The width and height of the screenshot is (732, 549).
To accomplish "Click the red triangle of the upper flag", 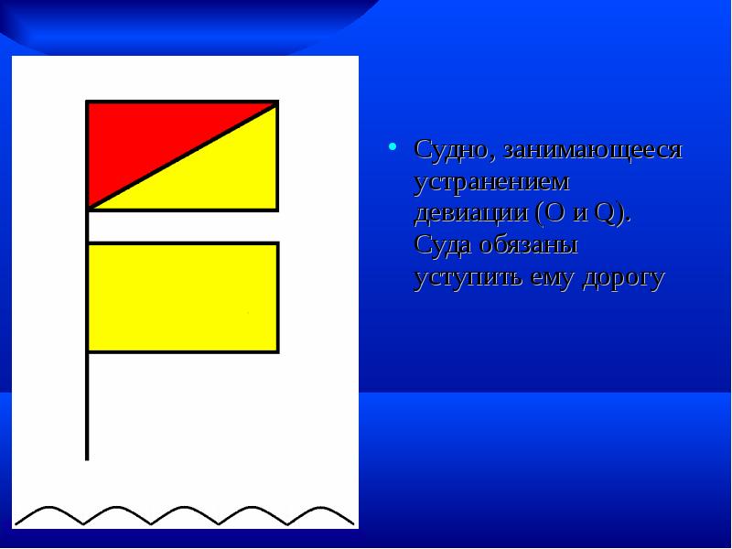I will tap(146, 137).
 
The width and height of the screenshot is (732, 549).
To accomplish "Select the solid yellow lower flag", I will tap(183, 297).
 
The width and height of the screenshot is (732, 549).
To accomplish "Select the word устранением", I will tap(491, 181).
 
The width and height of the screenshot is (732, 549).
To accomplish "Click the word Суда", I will tap(442, 245).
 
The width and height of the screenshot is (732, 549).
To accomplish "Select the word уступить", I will tap(468, 278).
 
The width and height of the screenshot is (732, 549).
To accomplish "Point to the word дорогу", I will tap(625, 278).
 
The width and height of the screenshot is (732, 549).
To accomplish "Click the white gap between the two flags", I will tap(183, 227).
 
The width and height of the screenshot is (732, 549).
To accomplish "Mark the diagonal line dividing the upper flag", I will tap(183, 156).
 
